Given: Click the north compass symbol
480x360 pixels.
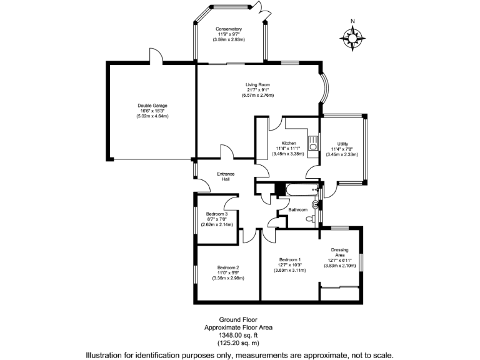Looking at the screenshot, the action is [353, 39].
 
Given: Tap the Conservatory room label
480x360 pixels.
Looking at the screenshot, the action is [228, 29].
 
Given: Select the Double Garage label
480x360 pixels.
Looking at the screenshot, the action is [152, 106].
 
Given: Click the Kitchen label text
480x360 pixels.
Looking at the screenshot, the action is [288, 143].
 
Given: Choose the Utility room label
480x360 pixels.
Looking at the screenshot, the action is [342, 143].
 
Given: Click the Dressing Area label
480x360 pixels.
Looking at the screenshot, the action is [340, 252].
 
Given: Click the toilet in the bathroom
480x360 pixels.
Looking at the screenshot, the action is [309, 219].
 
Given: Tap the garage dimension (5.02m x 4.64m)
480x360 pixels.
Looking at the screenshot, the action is [152, 116].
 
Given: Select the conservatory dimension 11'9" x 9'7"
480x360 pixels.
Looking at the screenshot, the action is [228, 35].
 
